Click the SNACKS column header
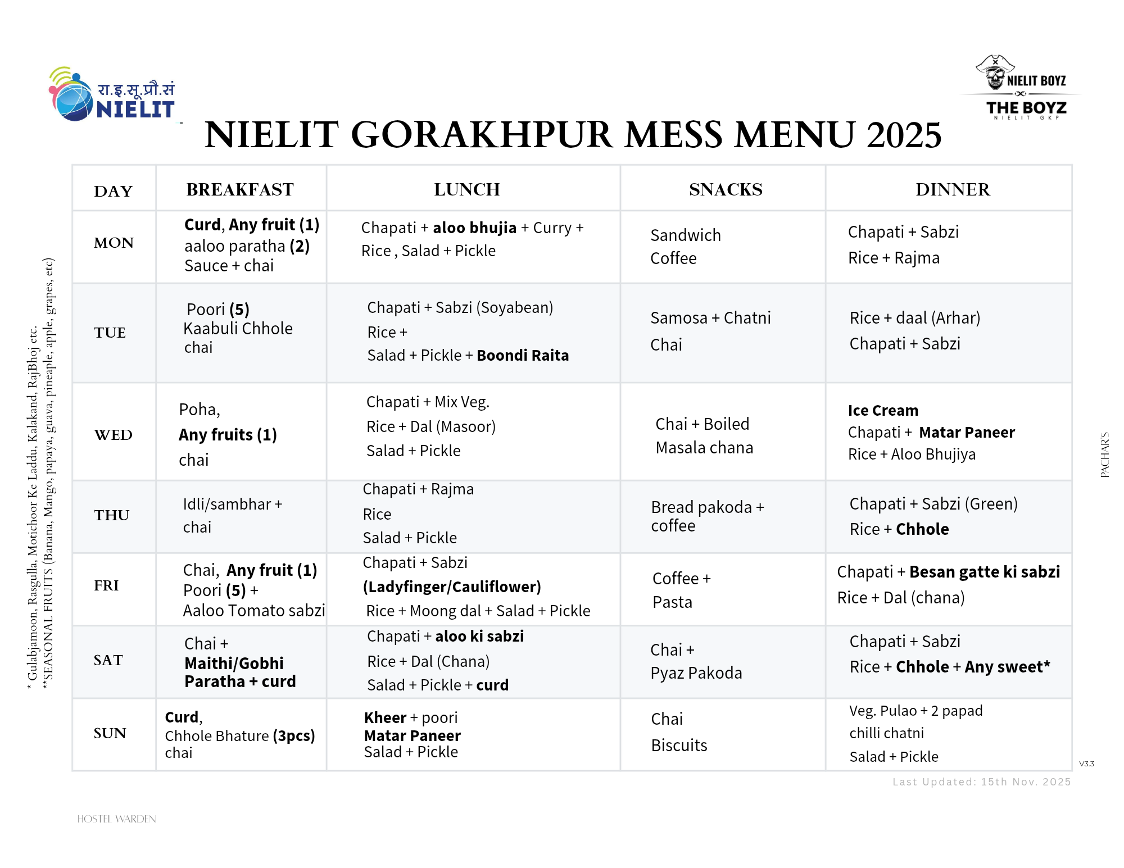tap(726, 189)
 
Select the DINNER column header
tap(953, 189)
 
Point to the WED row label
tap(113, 435)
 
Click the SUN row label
tap(110, 733)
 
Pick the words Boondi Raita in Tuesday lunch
tap(523, 355)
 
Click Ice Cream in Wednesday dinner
tap(883, 411)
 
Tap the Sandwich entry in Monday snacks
tap(685, 235)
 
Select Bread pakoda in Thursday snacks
tap(701, 507)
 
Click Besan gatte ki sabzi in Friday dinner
tap(984, 572)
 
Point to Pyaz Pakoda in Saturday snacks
tap(696, 673)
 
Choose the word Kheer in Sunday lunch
tap(385, 718)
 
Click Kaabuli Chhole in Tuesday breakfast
tap(238, 329)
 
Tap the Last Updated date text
tap(981, 782)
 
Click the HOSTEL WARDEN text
tap(116, 819)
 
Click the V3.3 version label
tap(1086, 764)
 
